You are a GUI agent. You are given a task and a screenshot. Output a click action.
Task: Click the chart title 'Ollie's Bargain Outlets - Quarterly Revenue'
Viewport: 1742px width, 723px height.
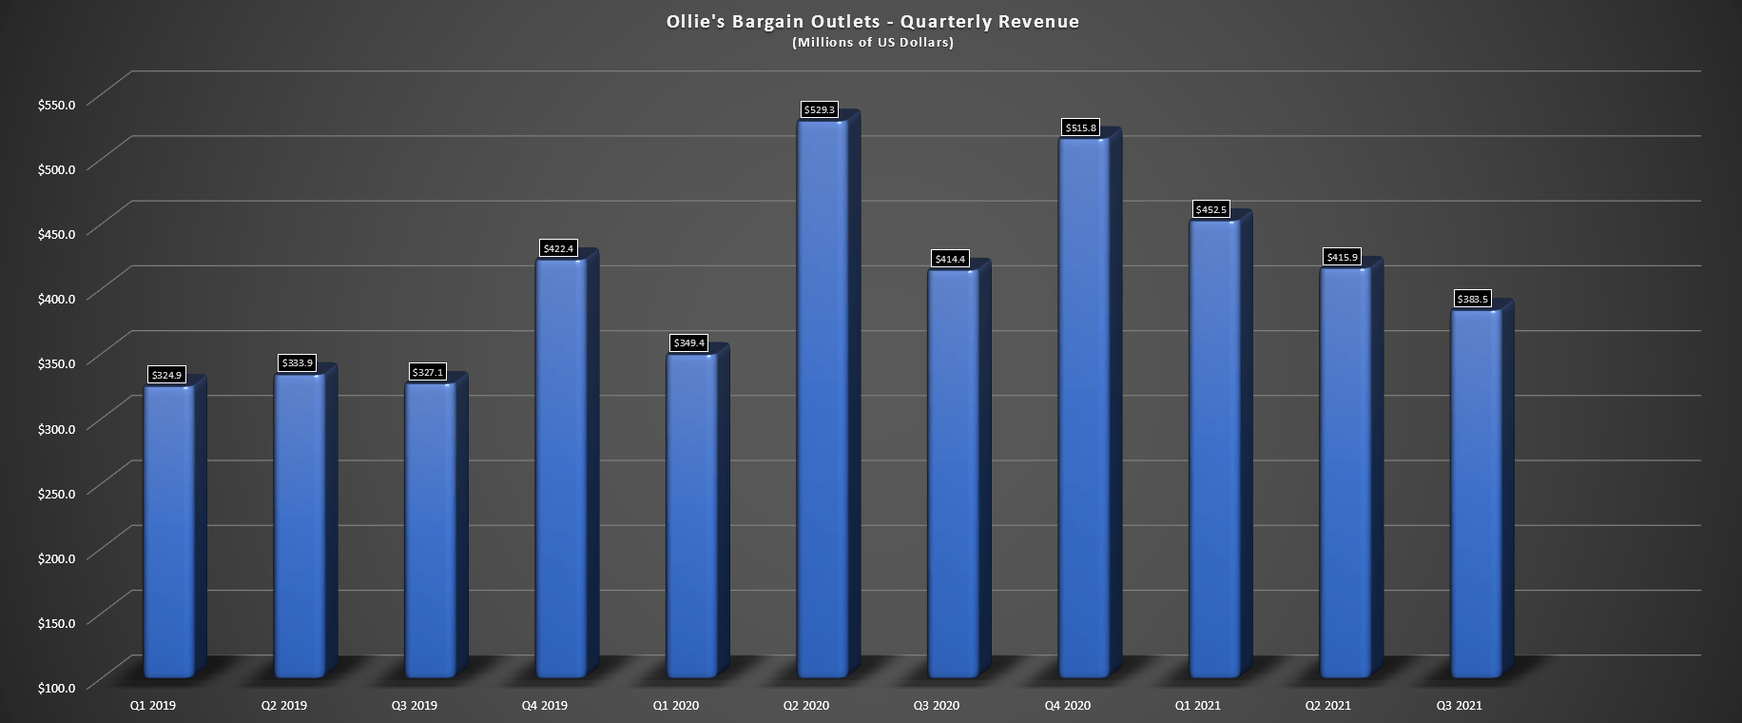pyautogui.click(x=872, y=22)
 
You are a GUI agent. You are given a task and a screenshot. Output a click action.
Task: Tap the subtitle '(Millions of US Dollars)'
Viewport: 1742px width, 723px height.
pyautogui.click(x=872, y=43)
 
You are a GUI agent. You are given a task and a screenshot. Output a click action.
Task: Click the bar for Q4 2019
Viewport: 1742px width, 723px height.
pyautogui.click(x=561, y=466)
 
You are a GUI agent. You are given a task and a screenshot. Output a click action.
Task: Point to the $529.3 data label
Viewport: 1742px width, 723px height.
pyautogui.click(x=820, y=110)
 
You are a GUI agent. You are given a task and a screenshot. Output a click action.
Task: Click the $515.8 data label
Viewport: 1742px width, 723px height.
pyautogui.click(x=1080, y=127)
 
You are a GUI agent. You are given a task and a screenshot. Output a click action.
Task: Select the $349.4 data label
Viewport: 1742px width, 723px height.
pyautogui.click(x=689, y=342)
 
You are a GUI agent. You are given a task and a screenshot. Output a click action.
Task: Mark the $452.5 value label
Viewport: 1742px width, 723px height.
pyautogui.click(x=1211, y=209)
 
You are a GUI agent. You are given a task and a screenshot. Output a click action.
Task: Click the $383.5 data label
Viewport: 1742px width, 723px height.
pyautogui.click(x=1473, y=300)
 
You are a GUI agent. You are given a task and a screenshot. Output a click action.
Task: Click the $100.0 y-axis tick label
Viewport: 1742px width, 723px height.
pyautogui.click(x=56, y=687)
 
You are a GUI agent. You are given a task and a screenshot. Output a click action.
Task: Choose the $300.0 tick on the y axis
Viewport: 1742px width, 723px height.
pyautogui.click(x=56, y=427)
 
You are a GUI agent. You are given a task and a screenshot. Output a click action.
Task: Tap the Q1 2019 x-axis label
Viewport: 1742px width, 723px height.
pyautogui.click(x=153, y=706)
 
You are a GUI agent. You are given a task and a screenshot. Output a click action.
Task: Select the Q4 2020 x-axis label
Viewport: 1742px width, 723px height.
pyautogui.click(x=1068, y=706)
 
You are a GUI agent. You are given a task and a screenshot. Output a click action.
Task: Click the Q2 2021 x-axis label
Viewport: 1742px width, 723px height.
pyautogui.click(x=1328, y=706)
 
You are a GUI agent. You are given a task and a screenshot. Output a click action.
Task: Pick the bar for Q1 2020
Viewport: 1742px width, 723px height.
pyautogui.click(x=691, y=514)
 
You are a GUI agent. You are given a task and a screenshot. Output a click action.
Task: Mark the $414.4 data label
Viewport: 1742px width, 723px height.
pyautogui.click(x=950, y=259)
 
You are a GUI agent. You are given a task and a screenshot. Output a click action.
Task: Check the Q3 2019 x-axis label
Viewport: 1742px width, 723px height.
pyautogui.click(x=415, y=706)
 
